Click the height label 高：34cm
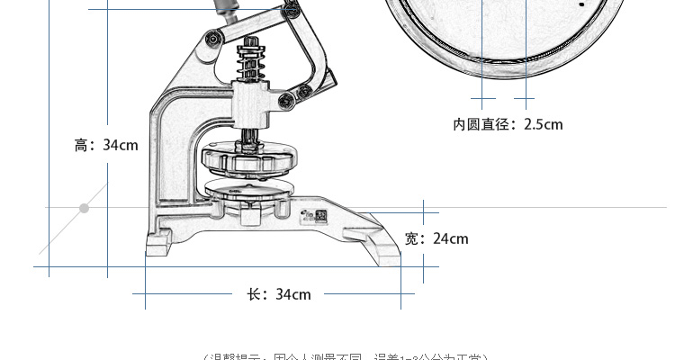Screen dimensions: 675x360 pos(106,145)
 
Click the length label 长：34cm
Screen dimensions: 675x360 pos(279,294)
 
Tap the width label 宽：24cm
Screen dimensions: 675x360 pos(436,238)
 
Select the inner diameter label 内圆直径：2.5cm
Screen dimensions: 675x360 pos(508,124)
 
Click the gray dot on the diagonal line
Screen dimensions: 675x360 pos(84,209)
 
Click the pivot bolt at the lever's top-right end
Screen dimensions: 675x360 pos(290,10)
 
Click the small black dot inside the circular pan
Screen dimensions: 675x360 pos(582,4)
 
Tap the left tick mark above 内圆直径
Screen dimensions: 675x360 pos(483,98)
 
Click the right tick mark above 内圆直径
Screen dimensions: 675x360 pos(524,98)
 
